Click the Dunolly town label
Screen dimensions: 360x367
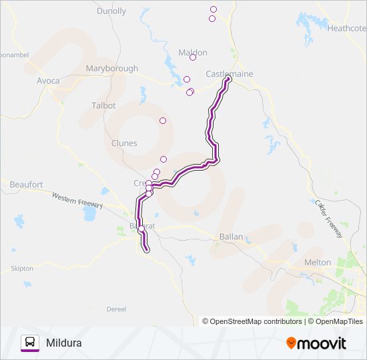click(x=111, y=11)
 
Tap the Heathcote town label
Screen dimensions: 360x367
click(x=346, y=29)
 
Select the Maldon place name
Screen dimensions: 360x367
click(x=193, y=53)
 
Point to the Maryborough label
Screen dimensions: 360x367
click(x=112, y=69)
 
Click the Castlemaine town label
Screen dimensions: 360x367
click(x=230, y=74)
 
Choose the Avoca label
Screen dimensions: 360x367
click(x=48, y=81)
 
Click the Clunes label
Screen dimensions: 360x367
click(x=124, y=143)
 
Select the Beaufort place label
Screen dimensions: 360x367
click(x=27, y=184)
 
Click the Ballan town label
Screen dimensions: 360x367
click(x=231, y=237)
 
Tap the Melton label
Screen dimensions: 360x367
click(x=317, y=263)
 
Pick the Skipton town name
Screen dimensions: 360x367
click(x=21, y=269)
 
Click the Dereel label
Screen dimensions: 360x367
click(x=116, y=309)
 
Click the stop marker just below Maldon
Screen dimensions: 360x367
click(x=193, y=57)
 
